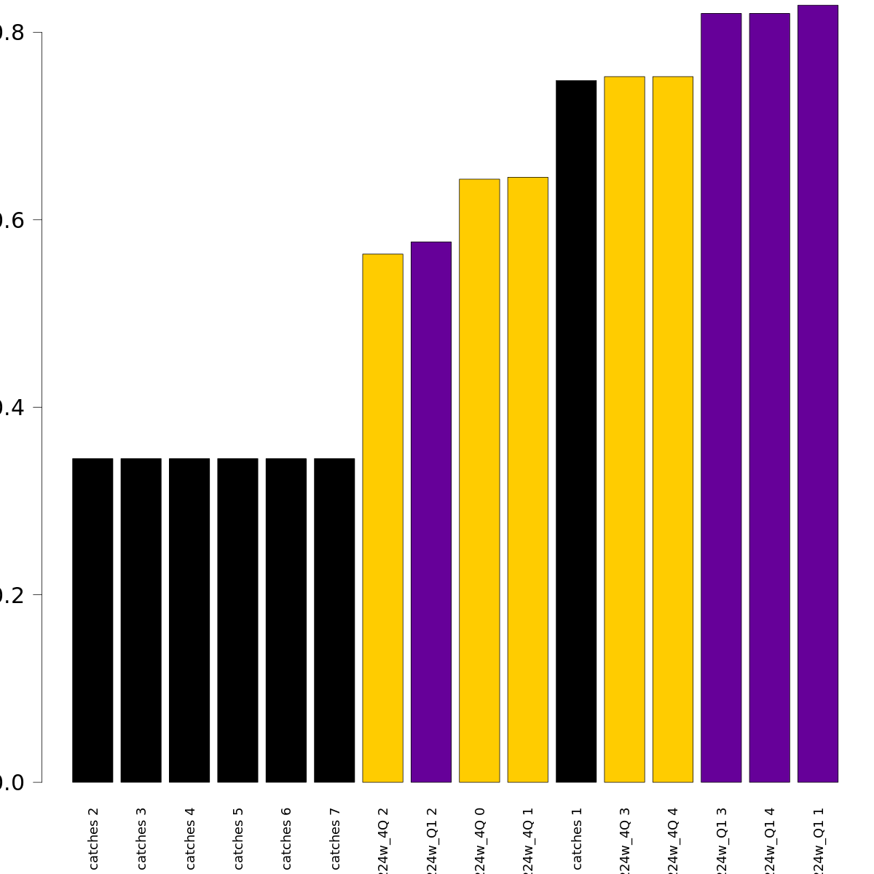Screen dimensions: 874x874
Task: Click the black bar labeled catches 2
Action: tap(92, 620)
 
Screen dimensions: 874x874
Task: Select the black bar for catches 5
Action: tap(237, 620)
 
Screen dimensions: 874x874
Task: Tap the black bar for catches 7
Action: tap(334, 620)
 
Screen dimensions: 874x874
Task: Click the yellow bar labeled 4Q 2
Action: tap(382, 518)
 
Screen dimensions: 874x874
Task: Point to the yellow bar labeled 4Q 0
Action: tap(479, 481)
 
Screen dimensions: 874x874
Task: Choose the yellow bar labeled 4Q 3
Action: tap(624, 429)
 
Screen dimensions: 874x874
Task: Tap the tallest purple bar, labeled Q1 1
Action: tap(818, 393)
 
